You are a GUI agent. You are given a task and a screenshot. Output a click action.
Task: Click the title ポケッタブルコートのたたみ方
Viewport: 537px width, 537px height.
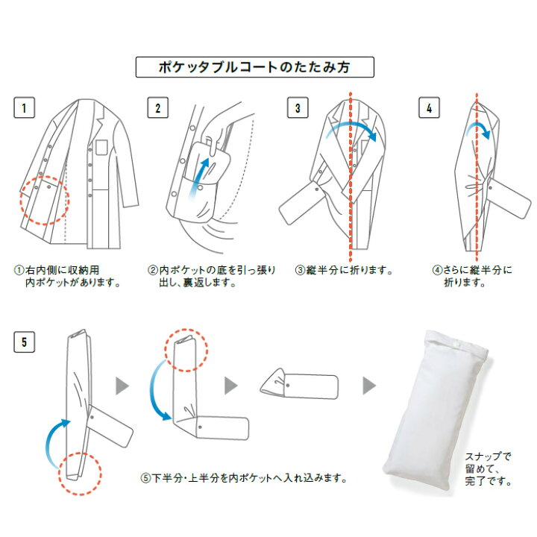click(254, 67)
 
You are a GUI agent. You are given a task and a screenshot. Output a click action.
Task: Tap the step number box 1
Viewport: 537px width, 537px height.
click(24, 108)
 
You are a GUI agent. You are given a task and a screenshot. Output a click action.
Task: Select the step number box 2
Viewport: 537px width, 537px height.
click(157, 108)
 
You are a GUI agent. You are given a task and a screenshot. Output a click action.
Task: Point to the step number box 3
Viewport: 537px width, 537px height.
click(298, 108)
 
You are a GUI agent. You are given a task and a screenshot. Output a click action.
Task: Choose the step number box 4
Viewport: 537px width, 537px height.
click(429, 108)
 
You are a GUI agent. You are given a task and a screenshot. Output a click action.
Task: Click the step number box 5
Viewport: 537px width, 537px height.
click(24, 343)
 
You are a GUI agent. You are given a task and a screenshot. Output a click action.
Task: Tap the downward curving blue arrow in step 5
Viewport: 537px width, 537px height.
click(157, 392)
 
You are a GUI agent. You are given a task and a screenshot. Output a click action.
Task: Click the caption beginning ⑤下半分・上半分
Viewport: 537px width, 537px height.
click(244, 477)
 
